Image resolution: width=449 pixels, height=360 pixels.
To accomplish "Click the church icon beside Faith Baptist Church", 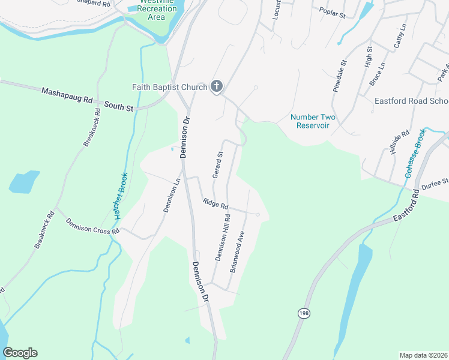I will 216,87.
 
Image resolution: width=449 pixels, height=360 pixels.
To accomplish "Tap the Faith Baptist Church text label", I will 169,87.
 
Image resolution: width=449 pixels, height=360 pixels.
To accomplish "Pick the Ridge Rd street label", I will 215,205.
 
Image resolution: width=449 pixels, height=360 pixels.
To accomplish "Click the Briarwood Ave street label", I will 238,252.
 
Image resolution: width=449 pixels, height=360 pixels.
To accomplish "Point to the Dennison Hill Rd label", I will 223,238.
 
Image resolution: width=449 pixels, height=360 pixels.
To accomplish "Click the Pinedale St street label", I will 340,75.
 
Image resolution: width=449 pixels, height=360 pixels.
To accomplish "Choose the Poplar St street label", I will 333,13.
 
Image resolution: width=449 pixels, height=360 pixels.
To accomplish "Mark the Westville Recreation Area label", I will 157,10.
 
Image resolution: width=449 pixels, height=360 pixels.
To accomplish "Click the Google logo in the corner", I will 20,353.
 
